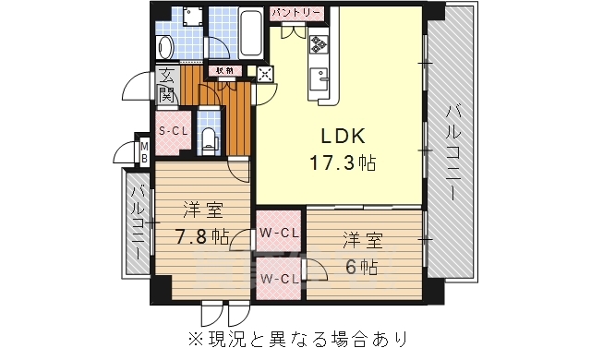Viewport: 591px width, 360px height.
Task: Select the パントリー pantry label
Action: tap(296, 13)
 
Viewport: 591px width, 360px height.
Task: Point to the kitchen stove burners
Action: tap(320, 42)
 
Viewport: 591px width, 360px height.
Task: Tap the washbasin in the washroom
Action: tap(165, 45)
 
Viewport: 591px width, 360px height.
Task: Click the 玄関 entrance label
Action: tap(167, 85)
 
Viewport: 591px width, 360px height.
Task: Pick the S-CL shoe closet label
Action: tap(174, 131)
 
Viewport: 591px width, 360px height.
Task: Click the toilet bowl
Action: tap(210, 139)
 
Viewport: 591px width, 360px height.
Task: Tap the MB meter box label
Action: tap(144, 151)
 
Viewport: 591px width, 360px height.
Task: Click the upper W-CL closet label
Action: tap(278, 233)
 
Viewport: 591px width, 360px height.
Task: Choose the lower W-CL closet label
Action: tap(278, 279)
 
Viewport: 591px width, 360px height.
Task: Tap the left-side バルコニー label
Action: tap(138, 222)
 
